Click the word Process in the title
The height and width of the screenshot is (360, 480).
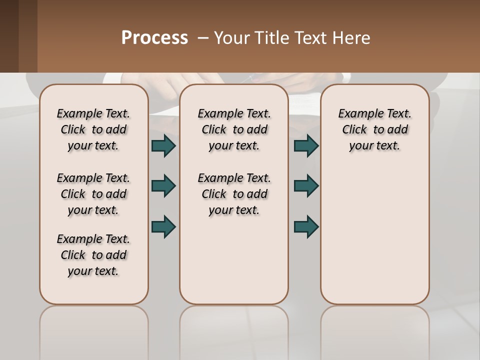(x=154, y=38)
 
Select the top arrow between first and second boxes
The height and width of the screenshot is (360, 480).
(x=163, y=145)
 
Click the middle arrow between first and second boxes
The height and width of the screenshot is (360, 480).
(x=163, y=186)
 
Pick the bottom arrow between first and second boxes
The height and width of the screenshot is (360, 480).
(x=163, y=226)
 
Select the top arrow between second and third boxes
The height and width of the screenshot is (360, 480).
(x=306, y=145)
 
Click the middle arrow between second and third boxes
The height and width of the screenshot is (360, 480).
(x=306, y=186)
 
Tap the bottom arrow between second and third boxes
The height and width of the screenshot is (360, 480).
(x=306, y=226)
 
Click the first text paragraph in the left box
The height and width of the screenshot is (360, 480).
(x=93, y=129)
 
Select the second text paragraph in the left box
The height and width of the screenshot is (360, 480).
(x=93, y=194)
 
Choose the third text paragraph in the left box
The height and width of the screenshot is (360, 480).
(x=93, y=255)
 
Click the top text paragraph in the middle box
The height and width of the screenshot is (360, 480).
(x=234, y=129)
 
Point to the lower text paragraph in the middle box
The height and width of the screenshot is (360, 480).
(x=234, y=194)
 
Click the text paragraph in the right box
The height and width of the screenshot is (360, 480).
(x=374, y=129)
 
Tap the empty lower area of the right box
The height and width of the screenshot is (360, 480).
(x=374, y=235)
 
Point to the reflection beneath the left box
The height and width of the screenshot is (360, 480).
(x=94, y=330)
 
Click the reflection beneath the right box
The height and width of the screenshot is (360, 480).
(x=374, y=330)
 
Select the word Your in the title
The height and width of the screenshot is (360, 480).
(x=231, y=38)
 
